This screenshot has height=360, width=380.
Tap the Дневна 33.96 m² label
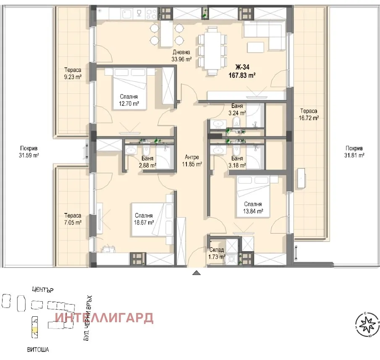pos(181,56)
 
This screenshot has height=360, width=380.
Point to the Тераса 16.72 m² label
pos(309,115)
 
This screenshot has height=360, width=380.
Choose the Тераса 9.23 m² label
pos(72,74)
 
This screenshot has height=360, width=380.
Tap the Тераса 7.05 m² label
pos(72,219)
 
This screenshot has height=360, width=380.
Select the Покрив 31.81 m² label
pos(355,152)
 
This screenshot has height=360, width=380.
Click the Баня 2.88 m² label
pos(147,162)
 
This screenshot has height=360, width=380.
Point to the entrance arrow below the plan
pos(196,273)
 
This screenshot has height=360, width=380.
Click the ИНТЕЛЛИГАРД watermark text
pos(105,318)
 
